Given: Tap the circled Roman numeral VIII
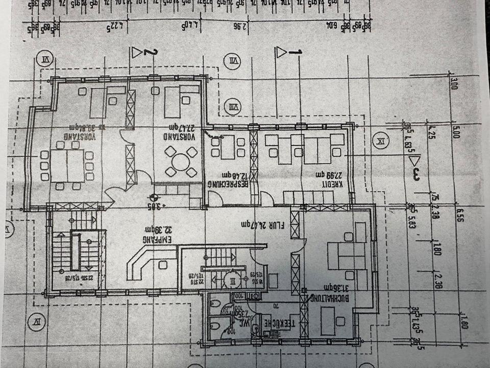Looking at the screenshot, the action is (x=233, y=107).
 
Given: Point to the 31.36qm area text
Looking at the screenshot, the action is (x=333, y=288).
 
